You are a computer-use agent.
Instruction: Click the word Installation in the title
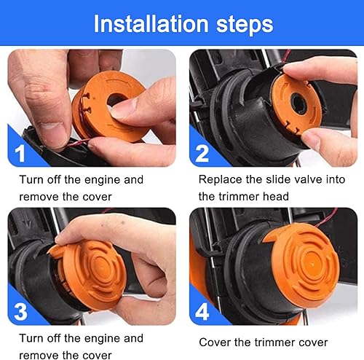151,23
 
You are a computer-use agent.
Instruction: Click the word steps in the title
245,25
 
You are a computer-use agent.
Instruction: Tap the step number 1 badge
20,154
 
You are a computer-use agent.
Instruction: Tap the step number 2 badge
202,154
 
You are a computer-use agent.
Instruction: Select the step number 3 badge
20,312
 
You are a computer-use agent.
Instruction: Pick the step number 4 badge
202,312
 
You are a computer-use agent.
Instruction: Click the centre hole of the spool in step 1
116,99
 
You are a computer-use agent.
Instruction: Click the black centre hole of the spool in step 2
299,103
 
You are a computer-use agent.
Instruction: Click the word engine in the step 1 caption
102,181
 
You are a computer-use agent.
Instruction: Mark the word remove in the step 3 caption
39,356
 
